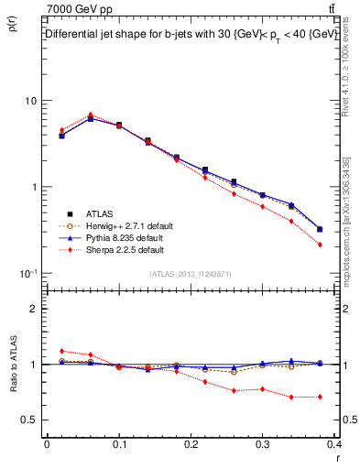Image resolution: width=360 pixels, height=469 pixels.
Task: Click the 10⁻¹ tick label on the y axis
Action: [x=28, y=274]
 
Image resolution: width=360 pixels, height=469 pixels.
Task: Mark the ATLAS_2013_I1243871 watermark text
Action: [x=191, y=274]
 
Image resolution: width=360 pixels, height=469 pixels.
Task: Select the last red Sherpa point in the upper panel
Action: [x=320, y=245]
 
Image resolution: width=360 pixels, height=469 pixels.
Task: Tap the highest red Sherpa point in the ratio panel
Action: [x=61, y=351]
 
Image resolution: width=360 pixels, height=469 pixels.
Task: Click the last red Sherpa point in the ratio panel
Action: [x=320, y=397]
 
